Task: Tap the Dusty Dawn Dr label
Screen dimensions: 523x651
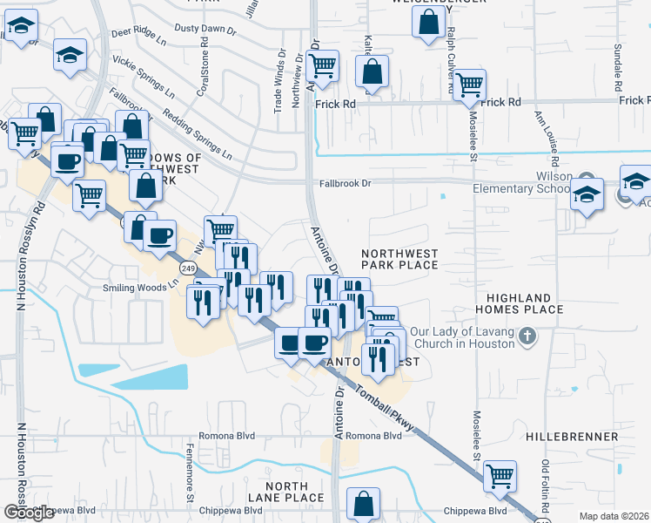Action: point(205,30)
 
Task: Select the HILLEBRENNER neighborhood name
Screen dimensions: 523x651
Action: point(572,436)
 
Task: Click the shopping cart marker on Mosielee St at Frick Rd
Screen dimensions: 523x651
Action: point(470,85)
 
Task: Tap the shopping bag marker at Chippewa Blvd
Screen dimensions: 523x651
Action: point(363,504)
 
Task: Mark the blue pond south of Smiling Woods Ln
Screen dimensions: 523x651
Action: point(149,376)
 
